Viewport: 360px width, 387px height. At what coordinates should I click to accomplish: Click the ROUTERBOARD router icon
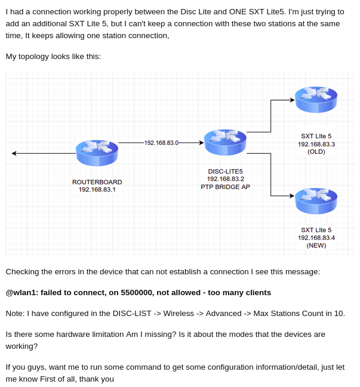click(x=97, y=153)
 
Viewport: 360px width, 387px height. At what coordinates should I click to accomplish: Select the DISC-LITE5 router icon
click(x=225, y=142)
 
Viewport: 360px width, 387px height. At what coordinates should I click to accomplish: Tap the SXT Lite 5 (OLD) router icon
click(x=316, y=99)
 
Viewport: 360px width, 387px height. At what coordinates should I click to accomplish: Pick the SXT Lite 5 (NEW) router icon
click(x=316, y=201)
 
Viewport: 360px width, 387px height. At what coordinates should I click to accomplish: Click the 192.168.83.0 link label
click(x=161, y=143)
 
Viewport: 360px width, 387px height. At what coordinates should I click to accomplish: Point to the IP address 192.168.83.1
click(x=97, y=190)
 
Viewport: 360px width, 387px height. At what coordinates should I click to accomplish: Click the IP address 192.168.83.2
click(x=225, y=179)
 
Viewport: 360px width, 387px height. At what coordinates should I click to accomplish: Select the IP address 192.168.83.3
click(x=316, y=144)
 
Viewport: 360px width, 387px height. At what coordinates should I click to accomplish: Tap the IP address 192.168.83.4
click(x=316, y=238)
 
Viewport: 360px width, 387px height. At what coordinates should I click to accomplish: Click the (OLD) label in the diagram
click(x=316, y=152)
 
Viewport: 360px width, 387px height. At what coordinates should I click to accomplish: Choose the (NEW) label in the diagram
click(x=316, y=246)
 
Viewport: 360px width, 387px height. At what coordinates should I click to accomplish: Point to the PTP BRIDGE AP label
click(x=225, y=187)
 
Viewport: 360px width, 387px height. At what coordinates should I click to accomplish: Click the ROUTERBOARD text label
click(x=97, y=182)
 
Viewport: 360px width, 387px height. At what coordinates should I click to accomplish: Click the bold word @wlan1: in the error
click(x=22, y=293)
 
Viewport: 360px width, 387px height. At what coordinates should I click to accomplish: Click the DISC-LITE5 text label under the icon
click(x=225, y=171)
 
